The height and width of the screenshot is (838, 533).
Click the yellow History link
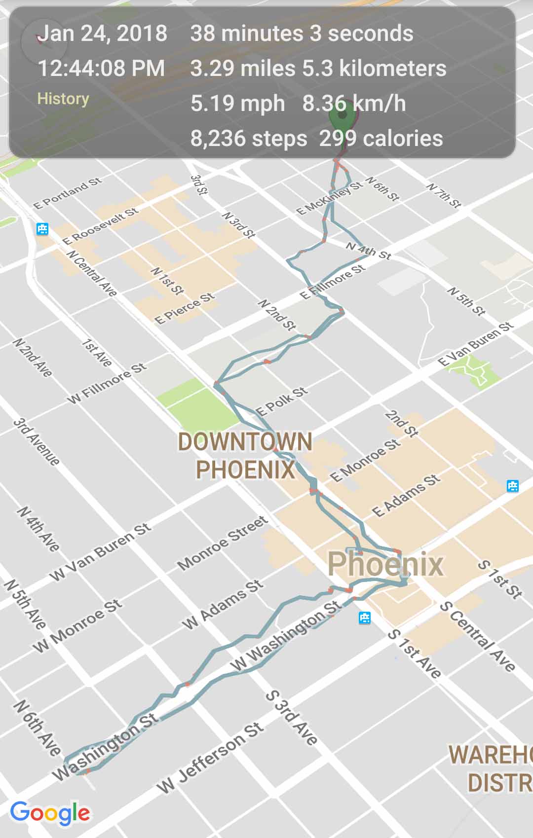tap(63, 99)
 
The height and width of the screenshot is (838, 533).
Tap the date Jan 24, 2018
tap(103, 34)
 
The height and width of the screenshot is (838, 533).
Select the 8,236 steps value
tap(249, 138)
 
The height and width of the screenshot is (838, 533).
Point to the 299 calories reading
tap(381, 138)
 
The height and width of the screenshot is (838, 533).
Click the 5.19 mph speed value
tap(238, 104)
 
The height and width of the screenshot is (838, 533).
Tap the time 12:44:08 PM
tap(101, 68)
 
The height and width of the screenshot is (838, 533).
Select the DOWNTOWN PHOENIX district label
tap(245, 455)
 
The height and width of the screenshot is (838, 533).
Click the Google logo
tap(50, 812)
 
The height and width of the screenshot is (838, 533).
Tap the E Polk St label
tap(281, 401)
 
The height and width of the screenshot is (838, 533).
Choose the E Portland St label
tap(68, 193)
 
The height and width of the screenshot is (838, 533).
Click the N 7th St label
tap(444, 195)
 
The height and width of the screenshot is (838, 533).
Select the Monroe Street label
tap(223, 543)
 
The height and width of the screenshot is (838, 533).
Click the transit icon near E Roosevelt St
tap(42, 229)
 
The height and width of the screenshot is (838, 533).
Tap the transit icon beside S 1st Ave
tap(365, 618)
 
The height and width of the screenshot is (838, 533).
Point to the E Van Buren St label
tap(476, 344)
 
